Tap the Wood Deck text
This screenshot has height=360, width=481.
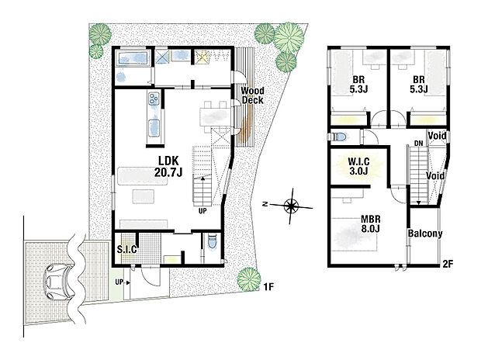coord(252,95)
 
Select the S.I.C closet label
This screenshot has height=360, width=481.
coord(126,250)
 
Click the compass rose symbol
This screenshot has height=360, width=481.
coord(292,206)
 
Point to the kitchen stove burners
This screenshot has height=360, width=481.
coord(153,99)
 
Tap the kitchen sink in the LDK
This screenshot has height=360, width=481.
coord(153,124)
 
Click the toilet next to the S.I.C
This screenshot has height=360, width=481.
coord(212,245)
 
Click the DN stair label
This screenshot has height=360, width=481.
coord(418,144)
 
